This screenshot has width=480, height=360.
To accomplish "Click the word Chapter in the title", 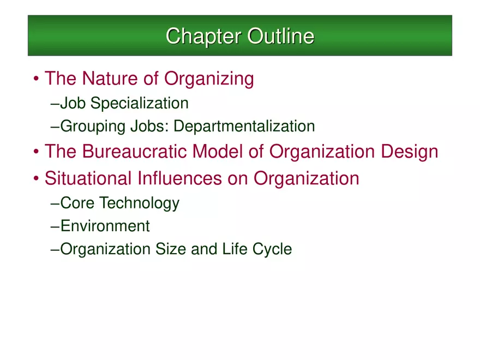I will tap(203, 37).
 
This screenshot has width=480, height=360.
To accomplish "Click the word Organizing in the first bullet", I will tap(209, 79).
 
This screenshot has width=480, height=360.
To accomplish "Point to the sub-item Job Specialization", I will tap(124, 103).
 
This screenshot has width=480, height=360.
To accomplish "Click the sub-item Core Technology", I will tap(119, 203).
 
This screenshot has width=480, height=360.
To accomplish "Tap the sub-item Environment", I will tap(105, 226).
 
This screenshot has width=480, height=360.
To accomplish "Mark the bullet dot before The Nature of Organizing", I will tap(36, 80).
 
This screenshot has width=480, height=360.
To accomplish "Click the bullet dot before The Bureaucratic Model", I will tap(36, 152).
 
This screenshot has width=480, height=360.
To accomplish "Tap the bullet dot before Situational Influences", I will tap(36, 179).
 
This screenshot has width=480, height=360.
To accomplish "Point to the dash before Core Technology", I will tap(55, 204).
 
